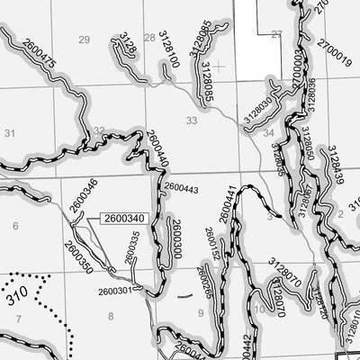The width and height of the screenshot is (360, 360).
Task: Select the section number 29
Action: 85,40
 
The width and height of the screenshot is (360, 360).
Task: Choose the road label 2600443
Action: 182,189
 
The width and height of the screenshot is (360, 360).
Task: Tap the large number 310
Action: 14,293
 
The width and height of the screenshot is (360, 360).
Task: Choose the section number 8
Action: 111,315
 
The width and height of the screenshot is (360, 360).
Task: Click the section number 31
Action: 10,133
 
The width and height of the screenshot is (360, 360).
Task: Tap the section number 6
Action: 15,228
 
